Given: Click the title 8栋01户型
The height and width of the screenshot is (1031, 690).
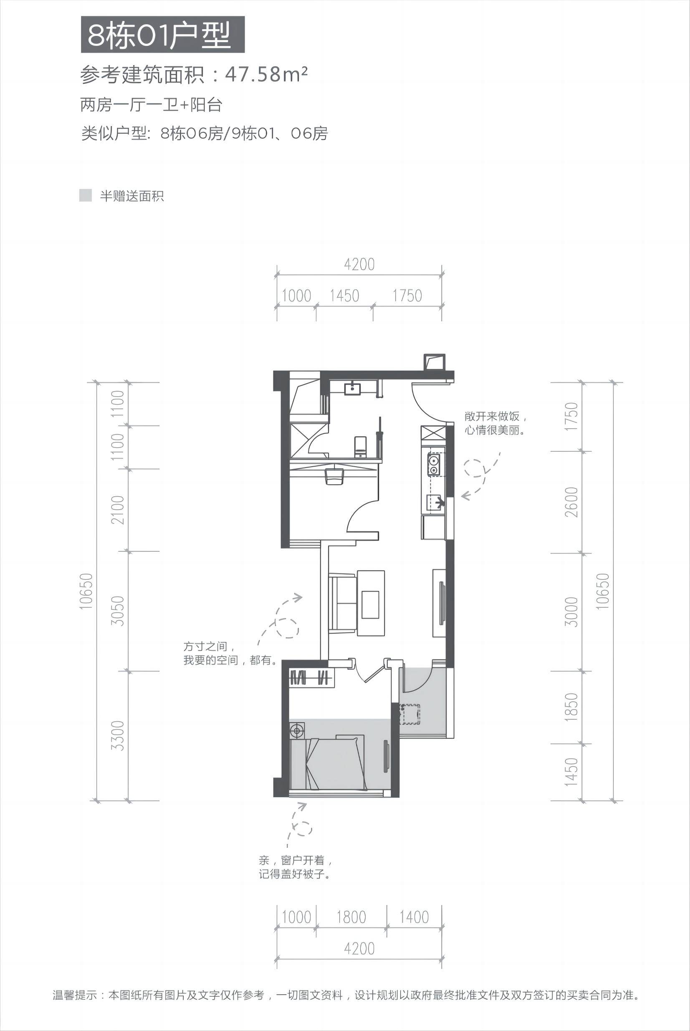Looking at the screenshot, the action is [159, 35].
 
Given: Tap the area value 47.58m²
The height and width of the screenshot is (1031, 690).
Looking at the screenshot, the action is [266, 75].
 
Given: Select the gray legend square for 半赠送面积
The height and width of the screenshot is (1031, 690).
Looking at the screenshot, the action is [86, 195].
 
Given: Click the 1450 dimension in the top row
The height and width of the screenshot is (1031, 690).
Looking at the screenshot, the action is [344, 296].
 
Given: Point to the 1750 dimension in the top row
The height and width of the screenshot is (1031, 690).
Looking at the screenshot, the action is [407, 296].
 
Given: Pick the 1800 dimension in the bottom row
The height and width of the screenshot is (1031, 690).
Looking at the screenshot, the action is [351, 914].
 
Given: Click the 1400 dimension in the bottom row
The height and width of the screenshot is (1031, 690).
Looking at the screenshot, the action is [414, 914].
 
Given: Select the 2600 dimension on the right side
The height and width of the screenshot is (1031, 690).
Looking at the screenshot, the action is [571, 502].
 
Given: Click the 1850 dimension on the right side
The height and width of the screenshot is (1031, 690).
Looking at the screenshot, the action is [571, 707].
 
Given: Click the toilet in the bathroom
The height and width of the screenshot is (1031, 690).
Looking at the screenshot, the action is [360, 446].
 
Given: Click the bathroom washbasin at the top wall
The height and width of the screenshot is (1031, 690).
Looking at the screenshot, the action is [352, 388].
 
